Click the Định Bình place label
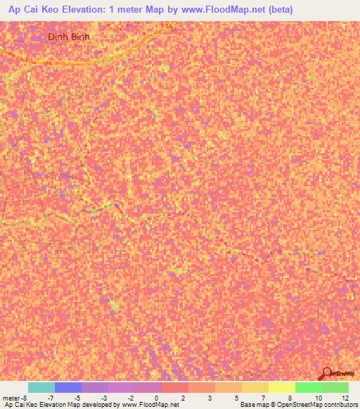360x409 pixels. pos(70,36)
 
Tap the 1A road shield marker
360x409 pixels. pos(168,26)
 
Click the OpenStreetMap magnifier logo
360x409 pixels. pos(326,373)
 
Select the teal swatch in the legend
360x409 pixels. pos(41,387)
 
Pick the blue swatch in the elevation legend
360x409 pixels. pos(67,387)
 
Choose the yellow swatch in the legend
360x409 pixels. pos(281,387)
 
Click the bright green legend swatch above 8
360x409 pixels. pos(308,387)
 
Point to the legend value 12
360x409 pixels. pos(344,397)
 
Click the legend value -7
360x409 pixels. pos(51,397)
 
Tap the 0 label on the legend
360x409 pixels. pos(155,397)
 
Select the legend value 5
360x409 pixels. pos(236,397)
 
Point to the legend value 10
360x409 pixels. pos(319,397)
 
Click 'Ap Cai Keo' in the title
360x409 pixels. pos(30,9)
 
